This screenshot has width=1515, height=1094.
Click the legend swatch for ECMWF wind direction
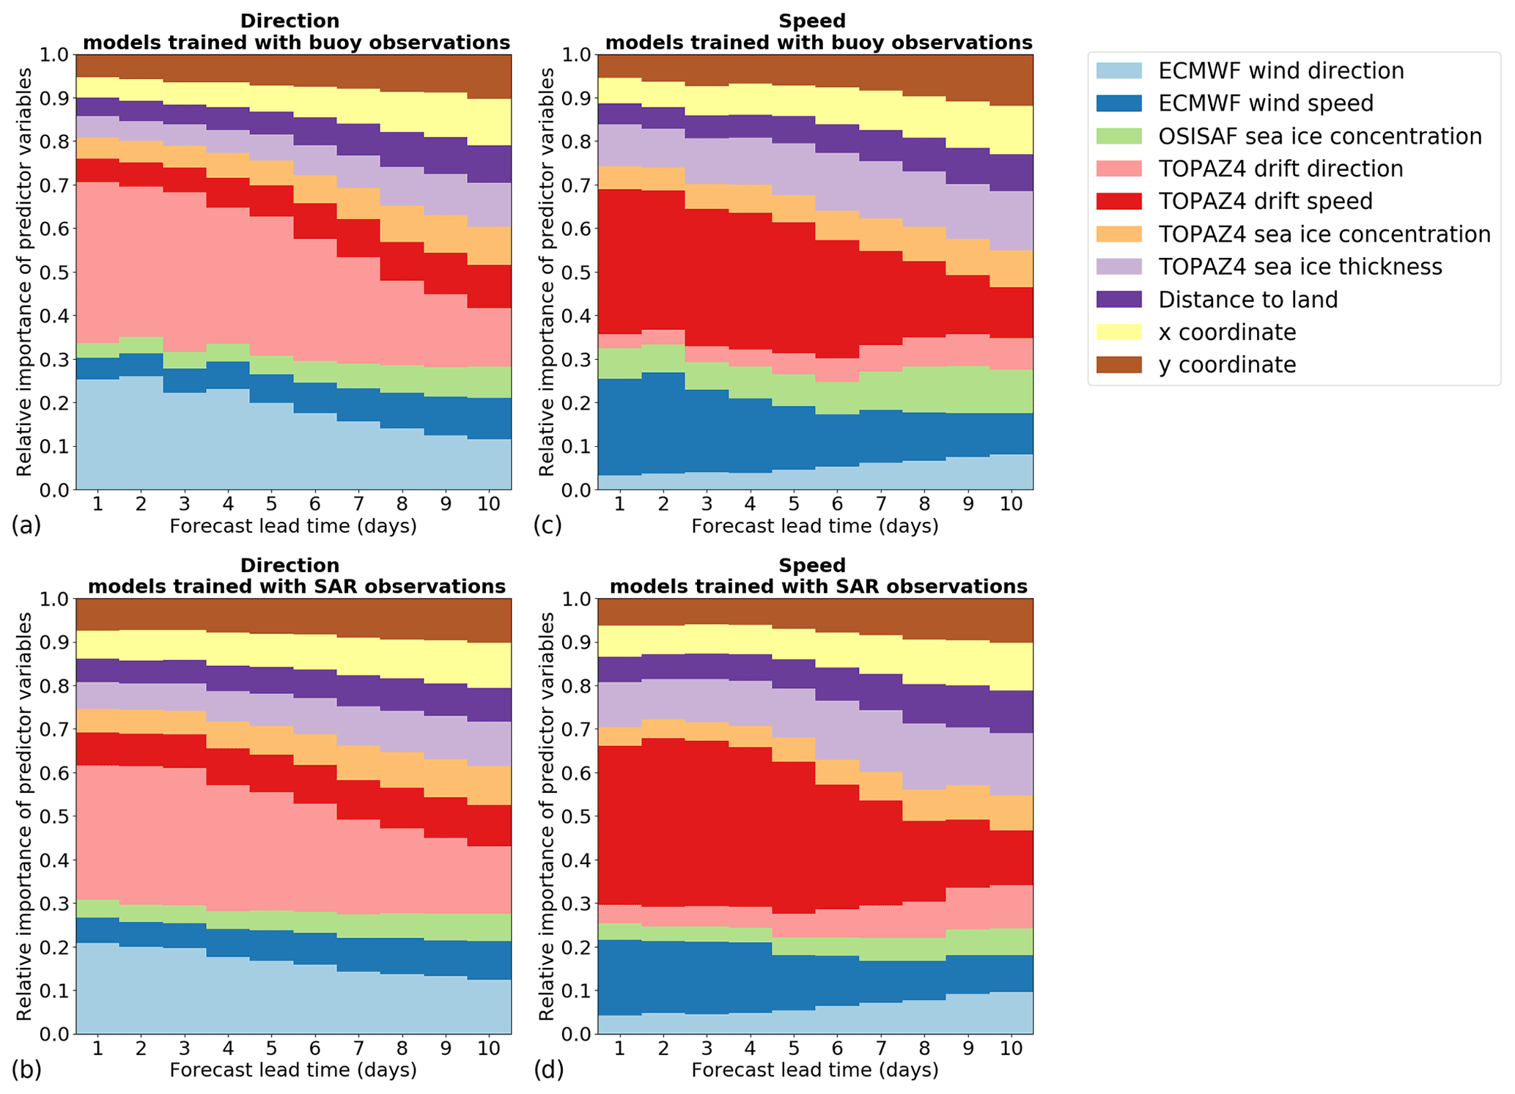point(1118,71)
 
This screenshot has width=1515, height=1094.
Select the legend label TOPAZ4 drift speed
point(1265,202)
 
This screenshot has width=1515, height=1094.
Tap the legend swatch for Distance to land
point(1118,300)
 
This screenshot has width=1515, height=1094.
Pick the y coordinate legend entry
point(1227,365)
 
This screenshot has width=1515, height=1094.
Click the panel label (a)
point(26,525)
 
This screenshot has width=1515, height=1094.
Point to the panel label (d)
point(548,1070)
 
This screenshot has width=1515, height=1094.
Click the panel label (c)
point(548,525)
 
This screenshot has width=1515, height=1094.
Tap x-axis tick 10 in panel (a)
point(489,504)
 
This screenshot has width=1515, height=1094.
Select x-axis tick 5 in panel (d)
point(793,1049)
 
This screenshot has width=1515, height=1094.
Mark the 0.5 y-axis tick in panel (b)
point(56,816)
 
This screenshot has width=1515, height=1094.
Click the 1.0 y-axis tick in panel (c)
point(578,55)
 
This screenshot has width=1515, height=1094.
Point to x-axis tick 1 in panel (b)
point(97,1049)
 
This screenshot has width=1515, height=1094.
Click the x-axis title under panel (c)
point(814,526)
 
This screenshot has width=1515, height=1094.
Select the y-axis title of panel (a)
point(24,272)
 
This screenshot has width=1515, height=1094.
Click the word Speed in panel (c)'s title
point(812,21)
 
